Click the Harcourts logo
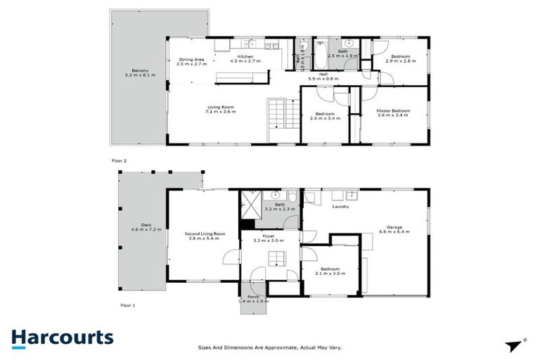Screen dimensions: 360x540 pos(62,337)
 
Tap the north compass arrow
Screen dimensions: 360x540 pos(515,345)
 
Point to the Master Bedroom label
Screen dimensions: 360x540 pos(393,110)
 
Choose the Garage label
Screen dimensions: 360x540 pos(394,226)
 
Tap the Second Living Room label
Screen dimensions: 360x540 pos(205,233)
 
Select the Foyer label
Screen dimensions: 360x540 pos(268,236)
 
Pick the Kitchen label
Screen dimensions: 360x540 pos(245,56)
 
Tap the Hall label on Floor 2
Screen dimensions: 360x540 pos(323,74)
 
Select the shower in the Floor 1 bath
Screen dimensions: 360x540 pos(250,203)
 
